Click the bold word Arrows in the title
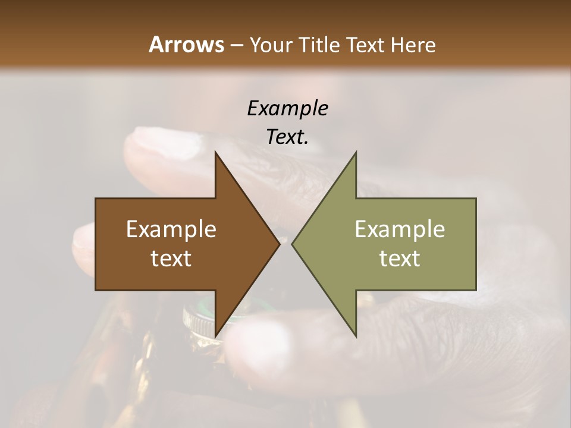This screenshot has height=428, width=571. click(x=186, y=45)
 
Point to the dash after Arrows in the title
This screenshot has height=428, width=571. click(x=236, y=45)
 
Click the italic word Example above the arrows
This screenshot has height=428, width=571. click(x=287, y=108)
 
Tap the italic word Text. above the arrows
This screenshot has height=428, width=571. click(x=287, y=137)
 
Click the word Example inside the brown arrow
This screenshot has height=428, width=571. click(x=171, y=229)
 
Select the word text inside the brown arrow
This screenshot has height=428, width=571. click(x=171, y=259)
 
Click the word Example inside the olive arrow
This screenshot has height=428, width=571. click(x=400, y=229)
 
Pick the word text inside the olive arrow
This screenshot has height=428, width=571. click(x=400, y=259)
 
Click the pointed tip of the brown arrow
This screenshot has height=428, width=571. click(x=278, y=244)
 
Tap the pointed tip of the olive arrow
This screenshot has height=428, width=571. click(x=293, y=244)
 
